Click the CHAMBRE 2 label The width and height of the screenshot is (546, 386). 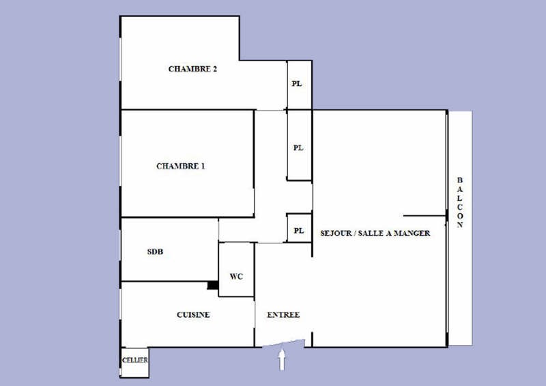(x=192, y=69)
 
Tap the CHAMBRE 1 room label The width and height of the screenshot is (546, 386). (x=181, y=166)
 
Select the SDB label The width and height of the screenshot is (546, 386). (x=155, y=251)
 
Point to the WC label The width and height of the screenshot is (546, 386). (x=236, y=277)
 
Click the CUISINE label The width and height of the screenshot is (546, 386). (x=193, y=315)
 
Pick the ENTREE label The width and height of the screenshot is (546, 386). (x=283, y=315)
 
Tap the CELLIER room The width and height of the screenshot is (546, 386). (x=134, y=362)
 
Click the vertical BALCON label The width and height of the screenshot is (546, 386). (x=460, y=202)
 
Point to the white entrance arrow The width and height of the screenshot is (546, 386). (x=282, y=360)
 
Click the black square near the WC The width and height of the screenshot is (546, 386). (x=213, y=285)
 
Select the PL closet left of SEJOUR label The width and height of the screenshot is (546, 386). (x=299, y=228)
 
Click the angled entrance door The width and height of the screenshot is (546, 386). (x=283, y=343)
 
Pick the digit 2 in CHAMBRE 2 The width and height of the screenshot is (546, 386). (x=214, y=69)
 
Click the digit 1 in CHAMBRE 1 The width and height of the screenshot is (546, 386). (x=203, y=166)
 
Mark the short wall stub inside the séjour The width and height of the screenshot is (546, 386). (x=425, y=216)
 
